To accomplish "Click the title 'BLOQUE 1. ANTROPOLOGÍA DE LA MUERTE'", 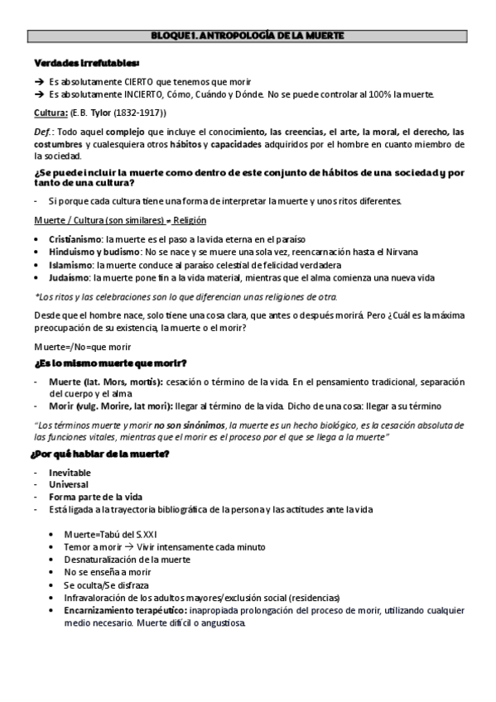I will coord(248,36).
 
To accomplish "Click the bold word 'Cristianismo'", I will coord(72,238).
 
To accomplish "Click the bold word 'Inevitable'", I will coord(70,471).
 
